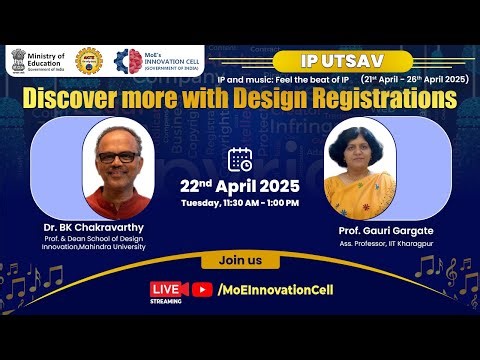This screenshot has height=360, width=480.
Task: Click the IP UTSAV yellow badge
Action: pyautogui.click(x=328, y=58)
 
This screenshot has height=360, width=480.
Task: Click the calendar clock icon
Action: pyautogui.click(x=240, y=159)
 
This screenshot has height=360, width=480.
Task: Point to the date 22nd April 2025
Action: pyautogui.click(x=240, y=186)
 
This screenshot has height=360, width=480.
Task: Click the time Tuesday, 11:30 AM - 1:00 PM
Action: pyautogui.click(x=240, y=203)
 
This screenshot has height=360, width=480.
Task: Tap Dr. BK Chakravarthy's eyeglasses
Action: pyautogui.click(x=118, y=157)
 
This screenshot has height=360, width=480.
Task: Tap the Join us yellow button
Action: pyautogui.click(x=240, y=262)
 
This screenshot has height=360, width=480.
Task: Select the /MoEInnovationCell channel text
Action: pyautogui.click(x=274, y=290)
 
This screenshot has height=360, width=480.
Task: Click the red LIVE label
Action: pyautogui.click(x=166, y=287)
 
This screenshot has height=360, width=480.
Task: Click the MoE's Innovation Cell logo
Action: pyautogui.click(x=128, y=61)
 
